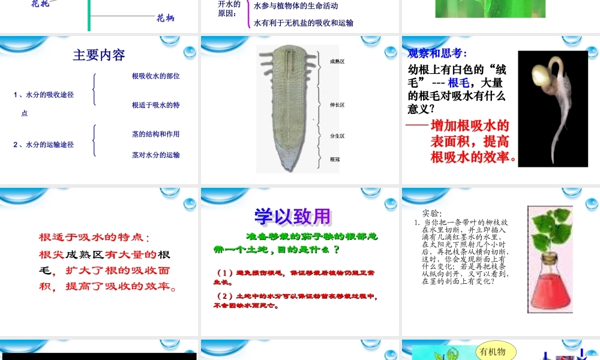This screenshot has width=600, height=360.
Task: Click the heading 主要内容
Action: tap(99, 55)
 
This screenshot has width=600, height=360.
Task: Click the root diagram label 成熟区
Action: tap(337, 61)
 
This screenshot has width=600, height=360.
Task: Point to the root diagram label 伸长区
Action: tap(337, 105)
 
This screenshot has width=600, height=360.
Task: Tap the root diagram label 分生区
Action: tap(337, 136)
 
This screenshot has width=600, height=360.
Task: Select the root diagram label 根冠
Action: tap(335, 160)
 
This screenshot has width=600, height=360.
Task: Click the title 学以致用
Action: tap(293, 217)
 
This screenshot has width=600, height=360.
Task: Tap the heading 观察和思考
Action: tap(437, 53)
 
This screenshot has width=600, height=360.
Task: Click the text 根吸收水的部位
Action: tap(156, 76)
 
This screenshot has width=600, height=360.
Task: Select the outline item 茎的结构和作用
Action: tap(156, 134)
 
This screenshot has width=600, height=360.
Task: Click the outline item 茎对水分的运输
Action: tap(156, 155)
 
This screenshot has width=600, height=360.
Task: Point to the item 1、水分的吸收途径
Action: tap(44, 95)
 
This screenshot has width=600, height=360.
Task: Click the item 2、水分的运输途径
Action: tap(44, 145)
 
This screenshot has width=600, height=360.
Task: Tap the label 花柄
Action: tap(165, 19)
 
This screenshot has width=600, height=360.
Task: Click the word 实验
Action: tap(432, 213)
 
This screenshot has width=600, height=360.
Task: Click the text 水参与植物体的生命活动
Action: tap(296, 6)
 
